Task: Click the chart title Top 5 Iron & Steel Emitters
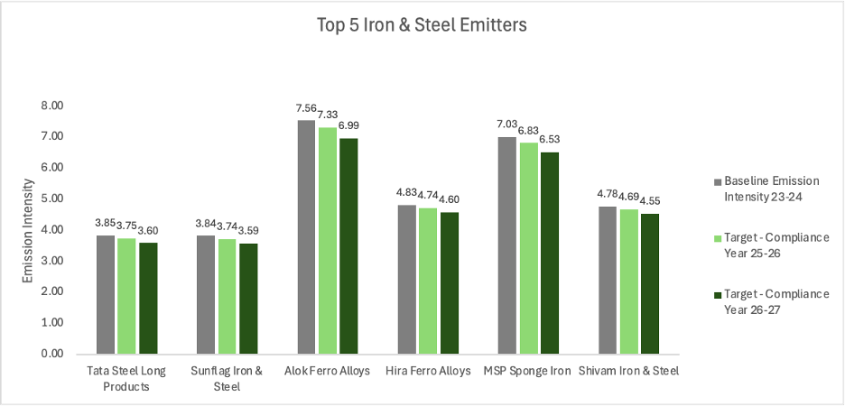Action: tap(421, 25)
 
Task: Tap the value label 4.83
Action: tap(407, 193)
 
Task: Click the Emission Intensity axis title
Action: tap(29, 230)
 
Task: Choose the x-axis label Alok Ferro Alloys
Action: tap(326, 371)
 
